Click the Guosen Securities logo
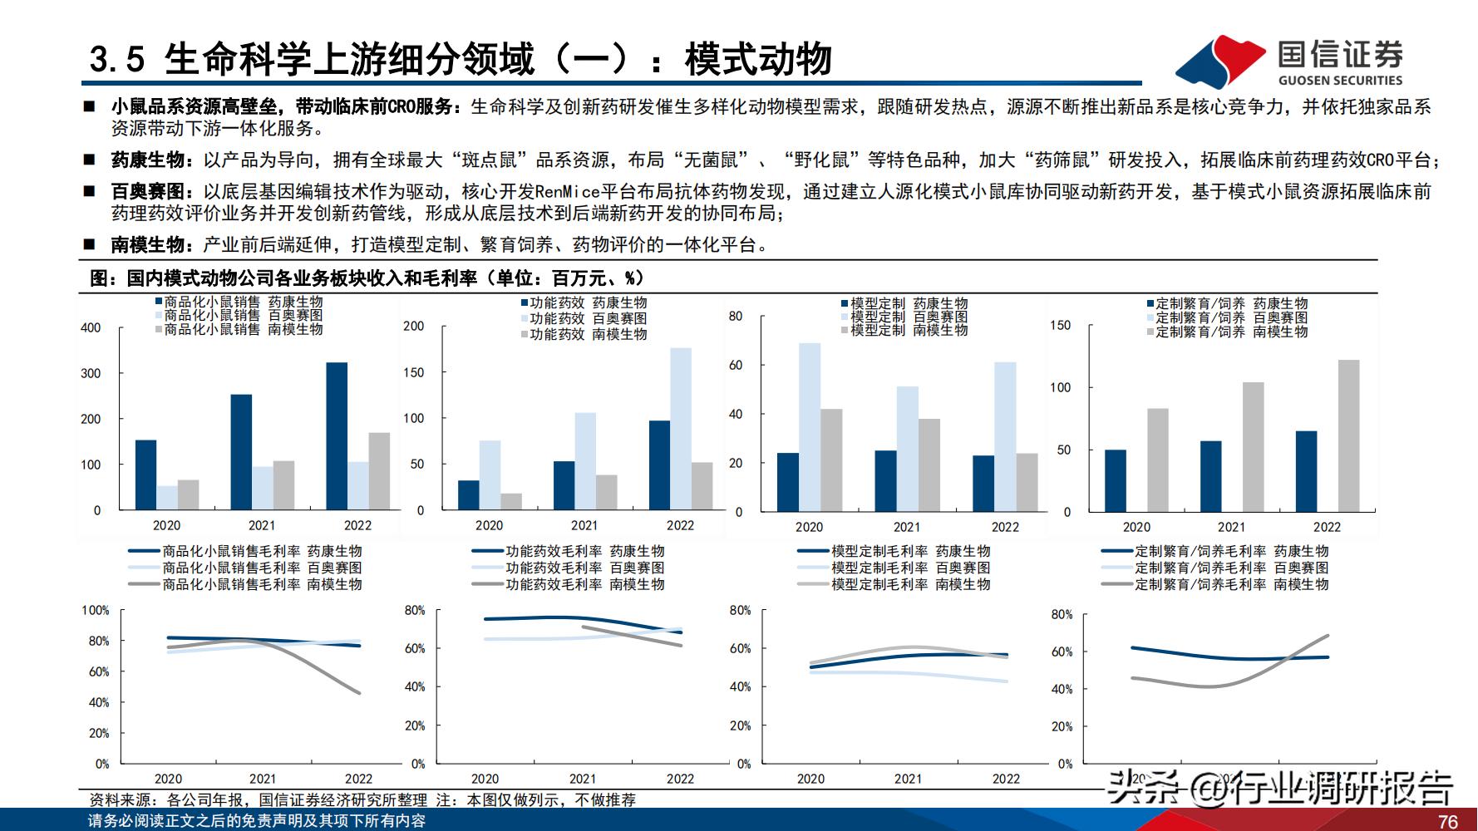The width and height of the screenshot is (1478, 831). tap(1289, 60)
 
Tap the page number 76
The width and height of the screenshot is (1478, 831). tap(1447, 821)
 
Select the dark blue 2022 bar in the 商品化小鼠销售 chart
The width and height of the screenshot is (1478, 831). tap(337, 435)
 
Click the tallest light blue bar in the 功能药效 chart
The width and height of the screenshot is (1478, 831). tap(680, 428)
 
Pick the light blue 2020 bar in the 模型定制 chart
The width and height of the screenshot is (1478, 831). tap(809, 426)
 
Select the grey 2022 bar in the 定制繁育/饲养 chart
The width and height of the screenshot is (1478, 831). tap(1348, 435)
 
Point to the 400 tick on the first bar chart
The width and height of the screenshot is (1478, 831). tap(91, 327)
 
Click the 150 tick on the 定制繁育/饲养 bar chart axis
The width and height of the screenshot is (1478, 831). tap(1060, 326)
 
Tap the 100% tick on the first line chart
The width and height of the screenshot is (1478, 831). tap(96, 610)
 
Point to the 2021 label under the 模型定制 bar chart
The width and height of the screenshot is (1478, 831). tap(906, 527)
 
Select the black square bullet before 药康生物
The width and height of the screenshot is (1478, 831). tap(89, 159)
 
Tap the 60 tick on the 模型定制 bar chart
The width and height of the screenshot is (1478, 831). tap(735, 365)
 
